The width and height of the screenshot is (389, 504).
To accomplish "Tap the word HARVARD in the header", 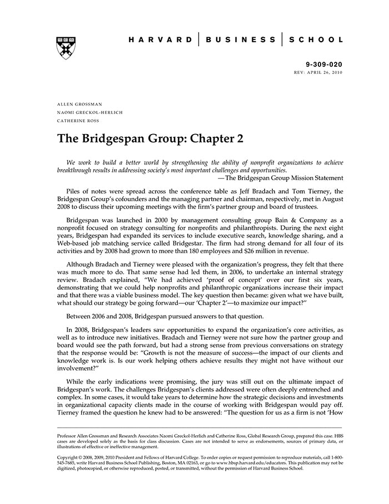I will coord(157,40).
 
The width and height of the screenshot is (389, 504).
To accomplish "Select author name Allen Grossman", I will coord(78,104).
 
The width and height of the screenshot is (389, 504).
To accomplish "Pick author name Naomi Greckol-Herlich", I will coord(90,112).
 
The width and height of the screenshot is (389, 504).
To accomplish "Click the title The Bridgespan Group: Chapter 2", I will coord(151,139).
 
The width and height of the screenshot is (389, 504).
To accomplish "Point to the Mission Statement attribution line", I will coord(281,178).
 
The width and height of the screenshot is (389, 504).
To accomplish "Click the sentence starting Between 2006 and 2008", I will coord(166,316).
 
